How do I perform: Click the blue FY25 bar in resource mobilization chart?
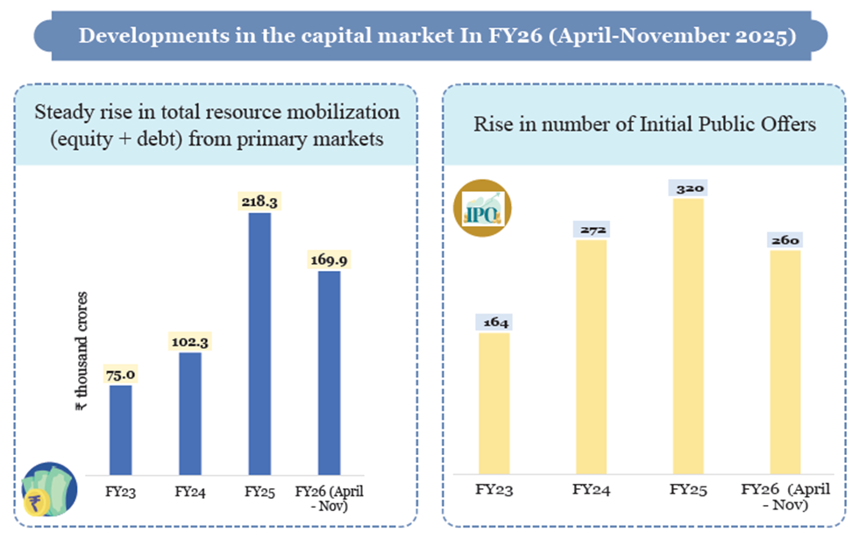[259, 342]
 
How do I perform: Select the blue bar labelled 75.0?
[120, 430]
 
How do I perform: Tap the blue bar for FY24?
[190, 413]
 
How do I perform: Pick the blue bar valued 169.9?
[329, 372]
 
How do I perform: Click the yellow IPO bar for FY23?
[495, 403]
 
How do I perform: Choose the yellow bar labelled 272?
[592, 356]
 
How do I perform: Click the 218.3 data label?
[259, 202]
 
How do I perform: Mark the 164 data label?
[495, 323]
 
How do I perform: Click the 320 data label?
[689, 188]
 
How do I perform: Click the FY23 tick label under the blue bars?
[121, 491]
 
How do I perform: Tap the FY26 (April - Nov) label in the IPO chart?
[785, 496]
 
